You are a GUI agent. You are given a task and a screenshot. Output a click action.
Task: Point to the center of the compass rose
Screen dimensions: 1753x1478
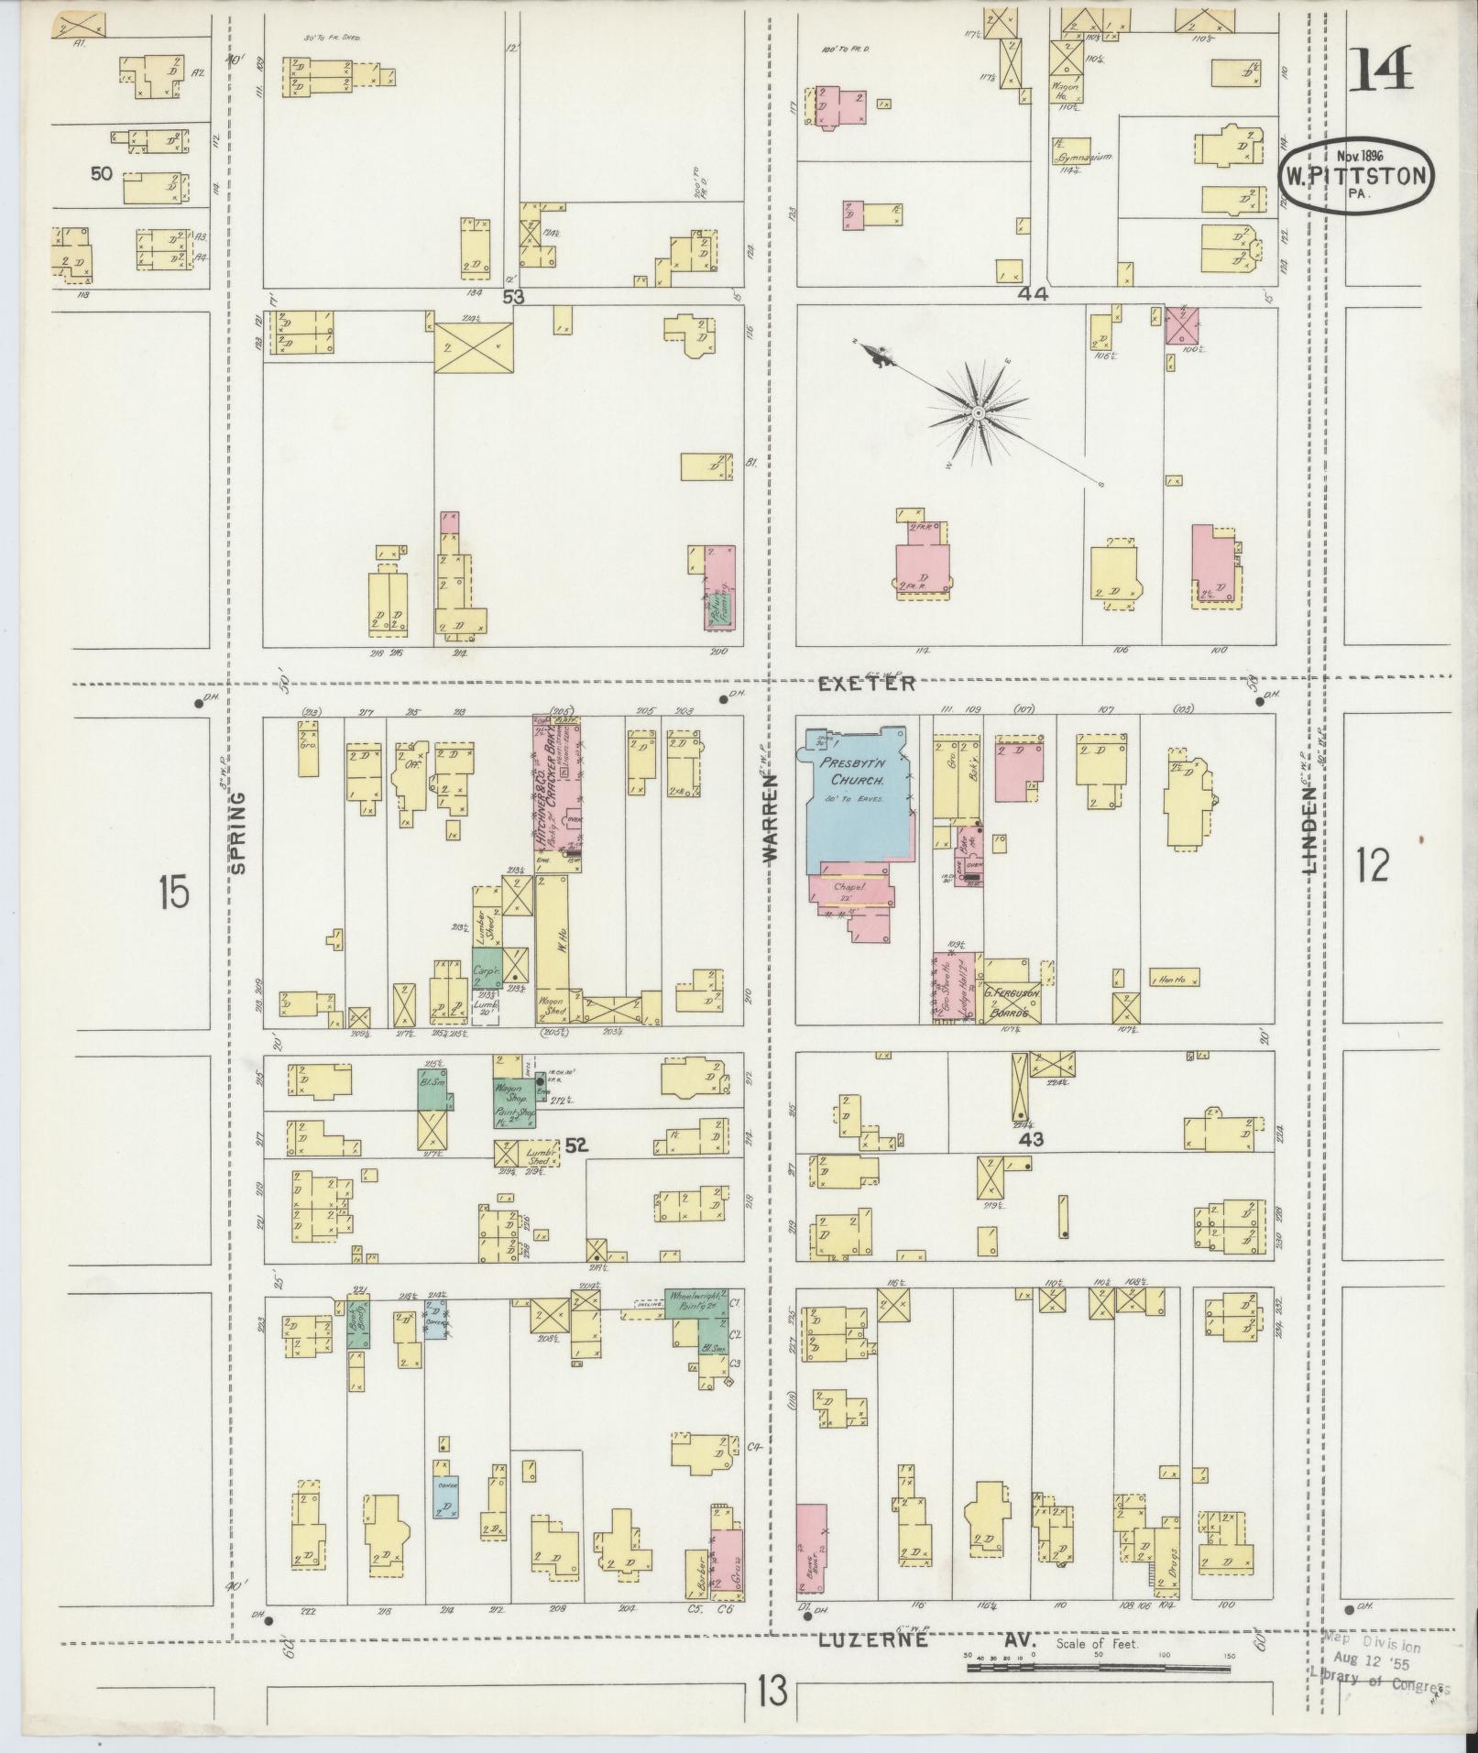tap(979, 414)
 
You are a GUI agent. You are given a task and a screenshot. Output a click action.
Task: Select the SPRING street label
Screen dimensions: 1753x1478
tap(239, 832)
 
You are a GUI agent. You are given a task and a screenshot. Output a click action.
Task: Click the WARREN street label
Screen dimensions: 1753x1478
tap(769, 816)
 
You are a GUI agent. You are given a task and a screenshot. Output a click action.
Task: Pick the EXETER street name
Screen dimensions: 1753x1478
tap(866, 684)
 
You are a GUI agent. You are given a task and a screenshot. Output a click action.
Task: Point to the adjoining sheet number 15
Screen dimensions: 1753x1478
tap(173, 891)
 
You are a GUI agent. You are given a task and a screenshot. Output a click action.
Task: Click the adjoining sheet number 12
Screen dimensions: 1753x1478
tap(1372, 865)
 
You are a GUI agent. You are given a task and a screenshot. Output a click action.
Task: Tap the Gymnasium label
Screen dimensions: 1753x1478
tap(1086, 158)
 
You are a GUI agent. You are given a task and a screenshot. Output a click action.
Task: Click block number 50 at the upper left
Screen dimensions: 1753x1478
tap(102, 172)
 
